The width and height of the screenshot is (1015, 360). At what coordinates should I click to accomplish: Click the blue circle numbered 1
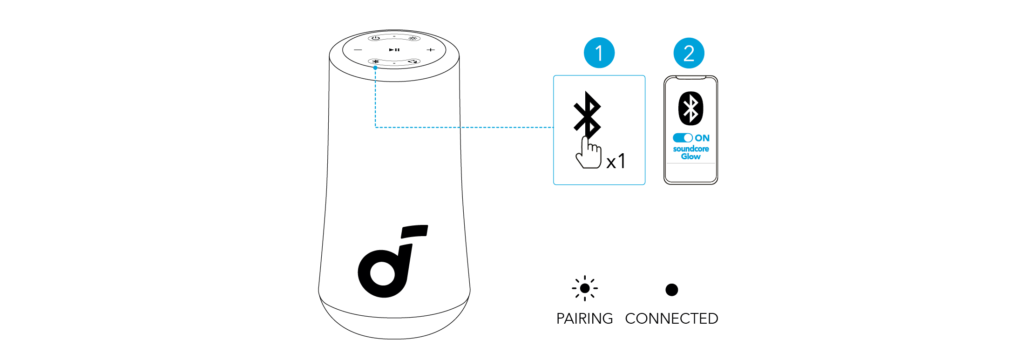pyautogui.click(x=599, y=53)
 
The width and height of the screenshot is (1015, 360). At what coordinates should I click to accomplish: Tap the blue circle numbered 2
pyautogui.click(x=689, y=53)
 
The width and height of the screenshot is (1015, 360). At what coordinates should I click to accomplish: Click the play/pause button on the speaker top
pyautogui.click(x=394, y=49)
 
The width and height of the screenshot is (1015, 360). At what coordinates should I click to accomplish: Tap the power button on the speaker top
pyautogui.click(x=376, y=38)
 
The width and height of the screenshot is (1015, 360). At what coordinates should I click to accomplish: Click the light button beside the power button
pyautogui.click(x=413, y=38)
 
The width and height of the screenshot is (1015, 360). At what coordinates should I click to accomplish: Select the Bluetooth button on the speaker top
pyautogui.click(x=376, y=61)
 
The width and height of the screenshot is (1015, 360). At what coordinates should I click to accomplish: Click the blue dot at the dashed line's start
pyautogui.click(x=375, y=68)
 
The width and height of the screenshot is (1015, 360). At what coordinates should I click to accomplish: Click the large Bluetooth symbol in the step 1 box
pyautogui.click(x=587, y=115)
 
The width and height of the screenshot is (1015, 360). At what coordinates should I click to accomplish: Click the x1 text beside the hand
pyautogui.click(x=616, y=161)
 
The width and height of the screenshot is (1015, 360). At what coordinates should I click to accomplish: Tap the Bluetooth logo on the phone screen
pyautogui.click(x=690, y=109)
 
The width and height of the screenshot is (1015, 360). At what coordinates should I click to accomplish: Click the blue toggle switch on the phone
pyautogui.click(x=683, y=138)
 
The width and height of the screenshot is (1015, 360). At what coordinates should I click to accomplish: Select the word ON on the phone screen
pyautogui.click(x=702, y=138)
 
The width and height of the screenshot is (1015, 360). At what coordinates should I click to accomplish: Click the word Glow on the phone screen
pyautogui.click(x=690, y=156)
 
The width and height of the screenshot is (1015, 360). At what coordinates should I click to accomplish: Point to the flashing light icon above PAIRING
pyautogui.click(x=585, y=288)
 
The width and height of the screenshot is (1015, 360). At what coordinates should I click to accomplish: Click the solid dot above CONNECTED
pyautogui.click(x=671, y=290)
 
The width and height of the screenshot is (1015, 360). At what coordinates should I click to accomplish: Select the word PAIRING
pyautogui.click(x=584, y=319)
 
